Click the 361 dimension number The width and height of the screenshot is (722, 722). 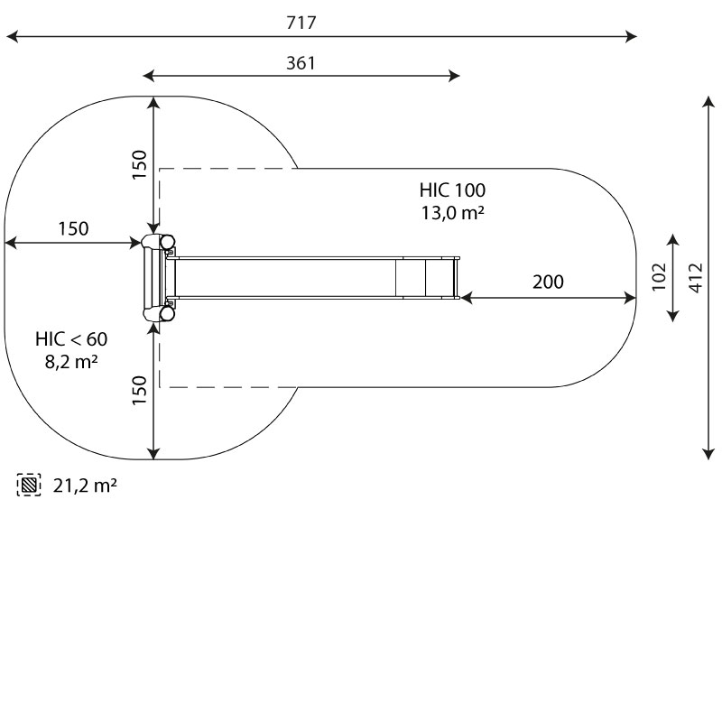click(301, 63)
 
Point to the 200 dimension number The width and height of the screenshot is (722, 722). click(547, 282)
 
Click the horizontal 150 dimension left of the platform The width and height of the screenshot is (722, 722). click(74, 228)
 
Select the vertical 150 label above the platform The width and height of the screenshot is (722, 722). click(139, 165)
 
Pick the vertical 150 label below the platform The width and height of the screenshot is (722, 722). click(139, 391)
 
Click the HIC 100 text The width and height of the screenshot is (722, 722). click(451, 190)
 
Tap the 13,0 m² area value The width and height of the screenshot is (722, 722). click(451, 213)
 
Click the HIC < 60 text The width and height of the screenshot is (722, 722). click(71, 339)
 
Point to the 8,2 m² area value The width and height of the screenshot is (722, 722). click(71, 362)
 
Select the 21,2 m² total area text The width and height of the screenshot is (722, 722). click(85, 486)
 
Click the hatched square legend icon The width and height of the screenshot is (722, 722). click(29, 486)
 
